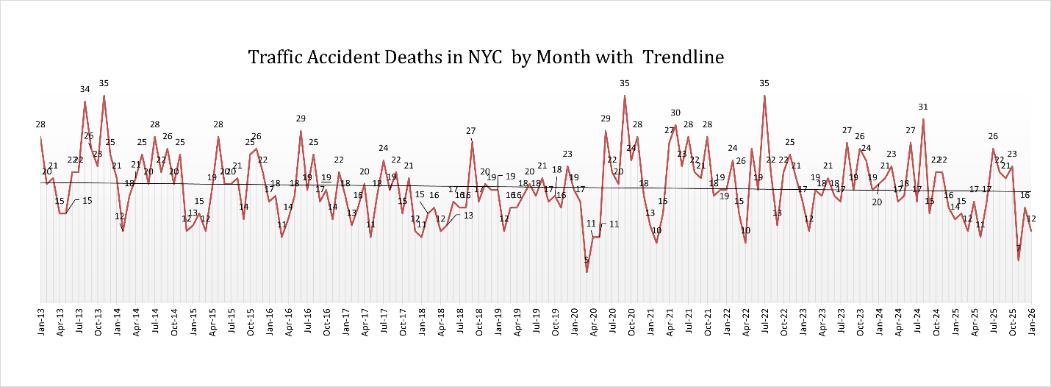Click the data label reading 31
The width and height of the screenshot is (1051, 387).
pos(923,107)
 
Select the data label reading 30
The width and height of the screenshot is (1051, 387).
pos(675,113)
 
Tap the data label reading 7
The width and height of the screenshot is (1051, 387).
pos(1019,248)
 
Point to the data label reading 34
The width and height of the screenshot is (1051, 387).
pos(85,89)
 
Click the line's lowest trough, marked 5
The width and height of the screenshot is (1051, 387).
pos(587,272)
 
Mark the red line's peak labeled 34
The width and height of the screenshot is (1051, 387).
pos(85,101)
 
